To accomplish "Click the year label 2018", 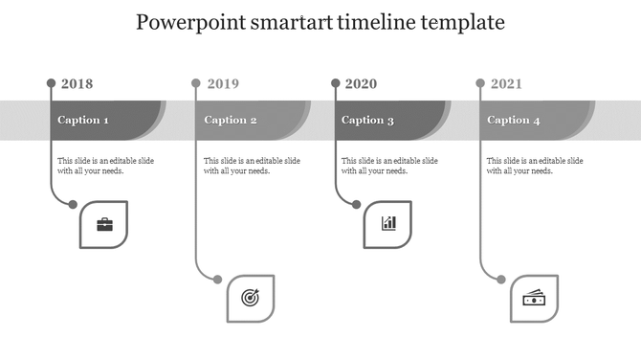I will (x=77, y=84).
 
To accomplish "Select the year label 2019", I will (x=223, y=84).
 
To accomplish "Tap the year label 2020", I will (x=361, y=84).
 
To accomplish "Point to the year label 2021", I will (x=507, y=84).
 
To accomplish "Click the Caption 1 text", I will (x=83, y=121).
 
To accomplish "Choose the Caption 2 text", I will (x=231, y=121).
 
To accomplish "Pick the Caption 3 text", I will (x=367, y=121).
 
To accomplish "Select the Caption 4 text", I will (x=514, y=121).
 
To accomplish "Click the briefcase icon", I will (x=103, y=225).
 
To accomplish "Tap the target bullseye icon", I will (x=250, y=299).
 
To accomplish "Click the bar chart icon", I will (x=388, y=224).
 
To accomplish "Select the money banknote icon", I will (x=534, y=299).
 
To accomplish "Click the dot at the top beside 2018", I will (x=51, y=83).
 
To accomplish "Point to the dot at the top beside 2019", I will (x=196, y=83).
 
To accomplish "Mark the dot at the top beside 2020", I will (x=335, y=83).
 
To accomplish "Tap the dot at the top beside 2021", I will (x=480, y=83).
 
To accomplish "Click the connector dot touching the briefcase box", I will (x=73, y=203).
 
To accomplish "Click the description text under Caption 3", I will (x=389, y=166).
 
